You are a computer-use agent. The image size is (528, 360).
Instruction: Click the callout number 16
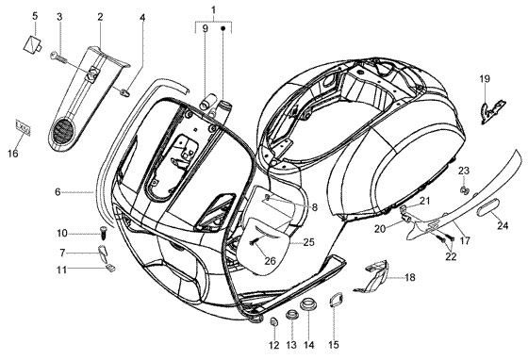pos(13,154)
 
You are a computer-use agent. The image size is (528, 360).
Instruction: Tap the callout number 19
pos(485,79)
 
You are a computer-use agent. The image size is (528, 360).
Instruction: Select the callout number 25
pos(308,242)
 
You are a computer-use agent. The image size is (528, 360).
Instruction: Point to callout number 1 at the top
pos(213,10)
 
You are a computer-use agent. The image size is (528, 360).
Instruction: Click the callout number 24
pos(503,225)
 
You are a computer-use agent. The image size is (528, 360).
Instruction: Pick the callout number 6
pos(58,192)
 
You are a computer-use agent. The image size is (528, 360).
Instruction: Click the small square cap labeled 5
pos(32,44)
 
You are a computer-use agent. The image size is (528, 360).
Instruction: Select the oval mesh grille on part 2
pos(62,131)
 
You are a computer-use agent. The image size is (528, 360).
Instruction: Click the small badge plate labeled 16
pos(24,128)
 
